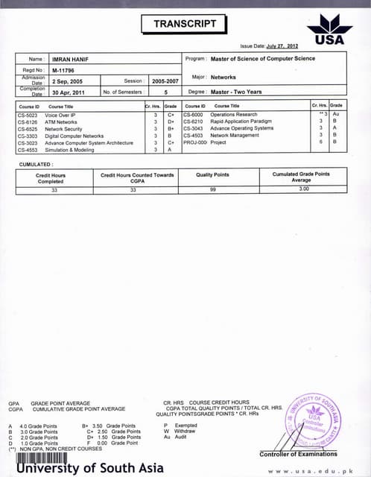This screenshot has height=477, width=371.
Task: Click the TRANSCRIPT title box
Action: (x=185, y=24)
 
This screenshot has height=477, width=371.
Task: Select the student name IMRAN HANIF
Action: (x=71, y=58)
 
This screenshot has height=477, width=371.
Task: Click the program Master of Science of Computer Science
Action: (x=262, y=58)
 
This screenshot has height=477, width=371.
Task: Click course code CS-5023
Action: (x=28, y=116)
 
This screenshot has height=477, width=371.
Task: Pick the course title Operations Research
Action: (x=233, y=116)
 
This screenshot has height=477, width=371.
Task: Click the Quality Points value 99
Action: (x=212, y=190)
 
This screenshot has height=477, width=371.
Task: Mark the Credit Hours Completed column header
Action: (x=51, y=177)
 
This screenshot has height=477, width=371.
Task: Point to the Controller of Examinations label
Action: (x=298, y=454)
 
